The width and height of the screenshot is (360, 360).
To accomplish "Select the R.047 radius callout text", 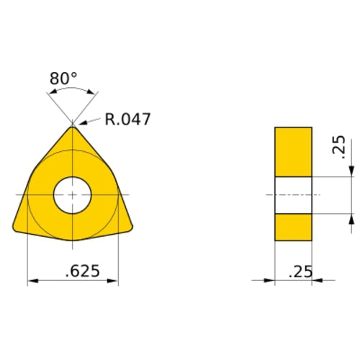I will tap(127, 120).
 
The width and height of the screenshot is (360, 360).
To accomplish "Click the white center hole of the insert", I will tap(72, 195).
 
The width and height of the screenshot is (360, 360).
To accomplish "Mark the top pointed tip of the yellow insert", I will tap(72, 127).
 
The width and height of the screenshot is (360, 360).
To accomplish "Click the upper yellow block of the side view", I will tap(293, 151).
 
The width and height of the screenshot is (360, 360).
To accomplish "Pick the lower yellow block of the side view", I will tap(293, 227).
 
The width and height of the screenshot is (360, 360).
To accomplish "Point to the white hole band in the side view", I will tap(293, 195).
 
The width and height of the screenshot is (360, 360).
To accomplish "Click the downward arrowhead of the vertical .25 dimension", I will tap(351, 171).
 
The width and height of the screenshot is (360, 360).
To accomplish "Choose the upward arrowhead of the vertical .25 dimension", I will tap(351, 218).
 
